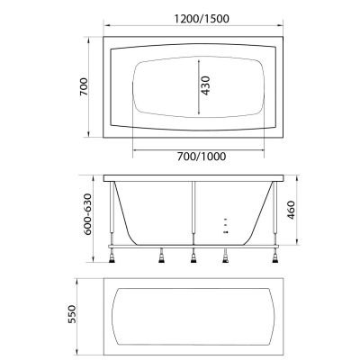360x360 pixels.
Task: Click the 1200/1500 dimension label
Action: coord(202,19)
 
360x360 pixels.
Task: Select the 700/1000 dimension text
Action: coord(202,157)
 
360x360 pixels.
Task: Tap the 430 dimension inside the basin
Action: coord(205,85)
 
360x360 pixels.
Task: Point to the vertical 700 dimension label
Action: coord(84,87)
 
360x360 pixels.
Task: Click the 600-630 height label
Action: coord(87,214)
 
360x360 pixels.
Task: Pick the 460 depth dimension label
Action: coord(291,210)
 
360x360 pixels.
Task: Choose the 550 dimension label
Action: coord(72,314)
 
